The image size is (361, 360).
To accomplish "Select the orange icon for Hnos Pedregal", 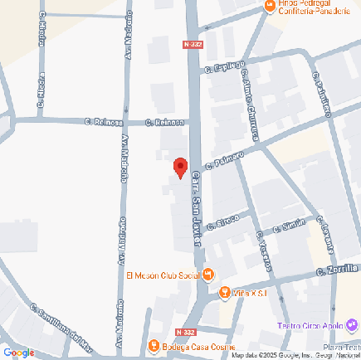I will tap(269, 7).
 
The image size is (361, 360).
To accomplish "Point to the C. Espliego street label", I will tap(229, 66).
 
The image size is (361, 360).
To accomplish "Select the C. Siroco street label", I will tap(222, 221).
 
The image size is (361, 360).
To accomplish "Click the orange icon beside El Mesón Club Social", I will tap(208, 275).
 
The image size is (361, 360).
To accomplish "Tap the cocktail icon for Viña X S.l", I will tap(225, 293).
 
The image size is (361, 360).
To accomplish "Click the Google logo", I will tap(18, 352).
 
